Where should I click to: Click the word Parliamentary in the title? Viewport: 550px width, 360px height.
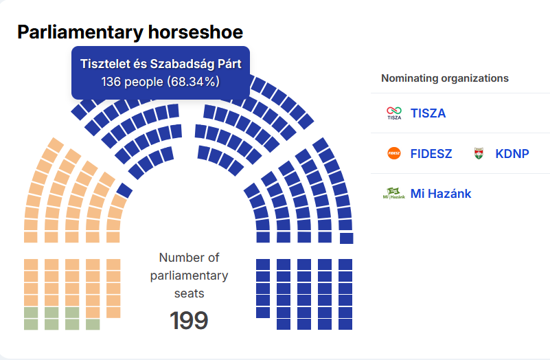(80, 32)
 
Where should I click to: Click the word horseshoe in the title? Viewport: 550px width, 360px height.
(196, 32)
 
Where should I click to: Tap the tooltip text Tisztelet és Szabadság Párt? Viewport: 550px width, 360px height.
(161, 64)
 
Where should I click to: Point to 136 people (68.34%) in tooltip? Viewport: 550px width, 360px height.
(160, 82)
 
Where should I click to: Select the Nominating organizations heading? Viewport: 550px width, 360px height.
(445, 78)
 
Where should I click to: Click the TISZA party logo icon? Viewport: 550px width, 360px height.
(394, 113)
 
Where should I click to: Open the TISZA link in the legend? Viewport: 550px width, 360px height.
(428, 113)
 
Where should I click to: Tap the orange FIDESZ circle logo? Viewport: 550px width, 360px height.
(394, 153)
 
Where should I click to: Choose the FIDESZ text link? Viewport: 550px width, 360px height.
(431, 154)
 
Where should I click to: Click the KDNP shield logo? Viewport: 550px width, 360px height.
(479, 153)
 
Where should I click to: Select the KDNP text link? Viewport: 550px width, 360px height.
(512, 154)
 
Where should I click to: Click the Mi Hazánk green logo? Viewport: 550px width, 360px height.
(393, 193)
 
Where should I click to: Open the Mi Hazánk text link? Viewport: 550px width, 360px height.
(441, 194)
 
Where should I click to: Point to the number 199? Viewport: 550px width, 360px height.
(189, 320)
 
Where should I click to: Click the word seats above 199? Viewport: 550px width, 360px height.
(189, 293)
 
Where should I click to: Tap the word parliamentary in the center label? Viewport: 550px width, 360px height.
(189, 275)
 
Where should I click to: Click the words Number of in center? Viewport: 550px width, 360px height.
(189, 258)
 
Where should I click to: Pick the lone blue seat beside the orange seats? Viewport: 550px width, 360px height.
(124, 190)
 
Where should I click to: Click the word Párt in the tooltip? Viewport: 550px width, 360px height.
(230, 64)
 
